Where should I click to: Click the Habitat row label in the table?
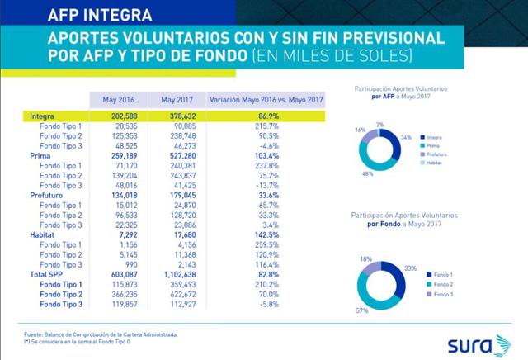pyautogui.click(x=43, y=234)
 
